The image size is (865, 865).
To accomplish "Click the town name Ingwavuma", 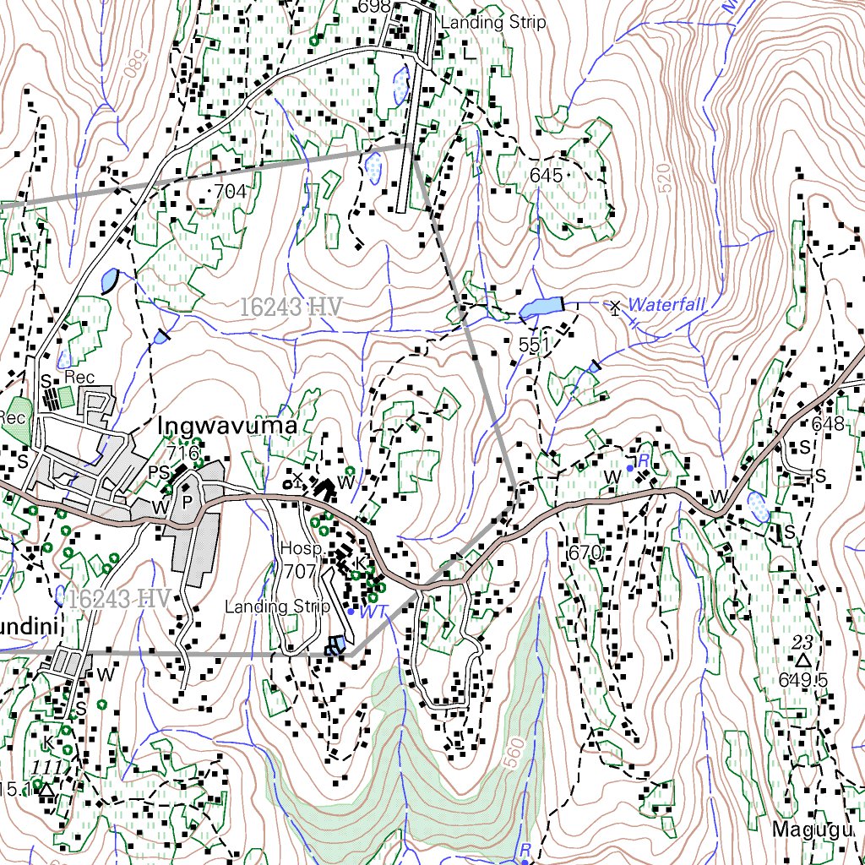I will [227, 427].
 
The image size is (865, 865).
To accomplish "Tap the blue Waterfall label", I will [666, 304].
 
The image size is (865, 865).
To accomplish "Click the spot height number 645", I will [546, 176].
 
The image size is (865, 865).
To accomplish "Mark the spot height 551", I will [535, 345].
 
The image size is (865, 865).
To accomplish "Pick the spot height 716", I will [182, 453].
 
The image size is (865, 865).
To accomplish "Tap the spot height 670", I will [584, 554].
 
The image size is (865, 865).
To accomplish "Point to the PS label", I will [159, 471].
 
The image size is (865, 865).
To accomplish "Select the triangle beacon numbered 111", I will [46, 787].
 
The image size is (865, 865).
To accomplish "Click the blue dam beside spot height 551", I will [541, 308].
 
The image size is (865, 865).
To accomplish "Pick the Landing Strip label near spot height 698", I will [493, 23].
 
